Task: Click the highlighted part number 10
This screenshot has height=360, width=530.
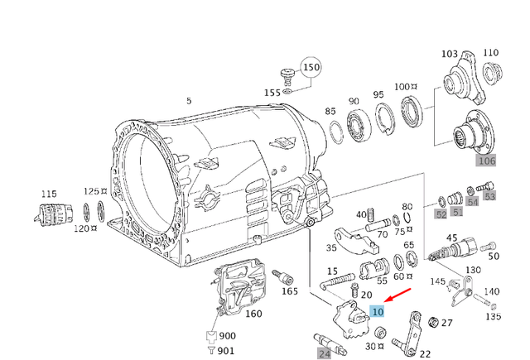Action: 378,312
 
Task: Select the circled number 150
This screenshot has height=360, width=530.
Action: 310,67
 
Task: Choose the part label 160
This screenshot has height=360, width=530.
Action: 253,314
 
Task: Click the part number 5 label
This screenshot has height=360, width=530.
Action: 189,101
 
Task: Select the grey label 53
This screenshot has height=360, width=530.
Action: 489,196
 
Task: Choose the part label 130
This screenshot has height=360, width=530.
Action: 472,271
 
